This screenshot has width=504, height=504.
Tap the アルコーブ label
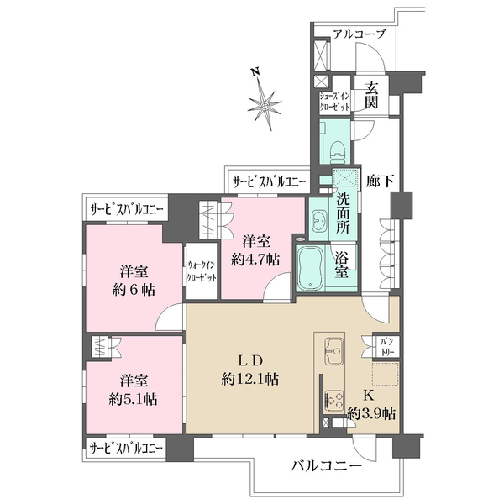tap(359, 34)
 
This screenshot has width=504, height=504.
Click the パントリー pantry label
tap(388, 346)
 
